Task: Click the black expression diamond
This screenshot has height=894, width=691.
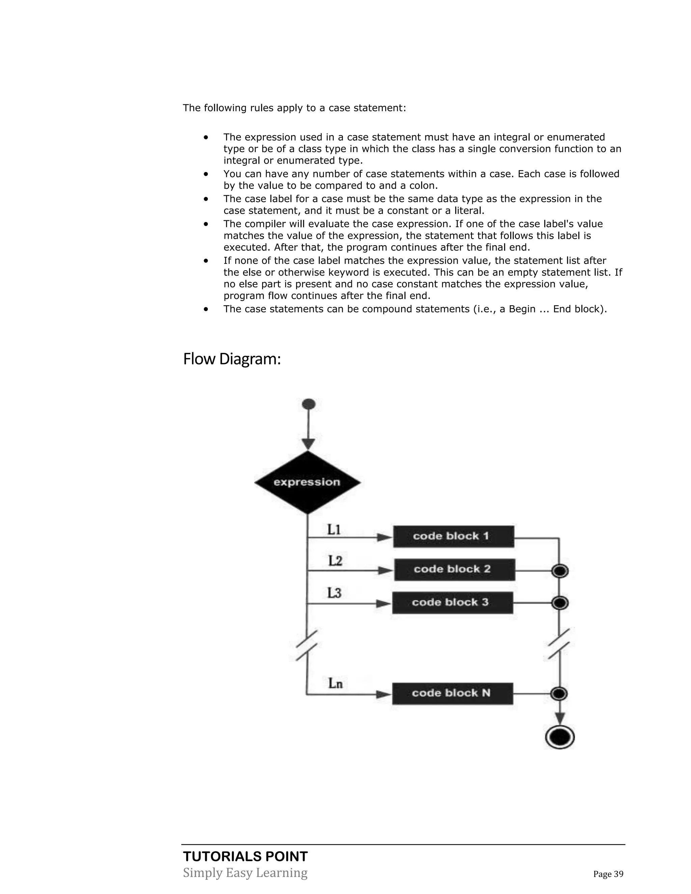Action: click(307, 482)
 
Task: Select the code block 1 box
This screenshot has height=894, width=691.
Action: click(453, 536)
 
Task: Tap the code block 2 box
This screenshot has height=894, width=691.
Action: click(454, 569)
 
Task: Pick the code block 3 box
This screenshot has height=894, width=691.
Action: click(452, 603)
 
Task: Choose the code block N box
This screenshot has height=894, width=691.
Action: click(452, 693)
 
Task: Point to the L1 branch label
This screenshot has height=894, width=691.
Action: click(334, 530)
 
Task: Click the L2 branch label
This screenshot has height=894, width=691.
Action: click(335, 560)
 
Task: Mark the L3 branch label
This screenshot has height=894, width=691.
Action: click(334, 593)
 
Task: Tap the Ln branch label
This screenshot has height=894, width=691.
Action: click(335, 683)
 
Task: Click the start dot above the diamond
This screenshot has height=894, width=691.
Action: click(308, 404)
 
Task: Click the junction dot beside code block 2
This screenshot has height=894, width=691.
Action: click(560, 570)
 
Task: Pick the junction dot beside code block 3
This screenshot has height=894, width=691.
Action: click(560, 603)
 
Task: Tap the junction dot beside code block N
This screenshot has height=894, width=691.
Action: click(559, 693)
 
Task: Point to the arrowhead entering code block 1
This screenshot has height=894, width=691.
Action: click(384, 537)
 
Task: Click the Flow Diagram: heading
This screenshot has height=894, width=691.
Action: click(232, 359)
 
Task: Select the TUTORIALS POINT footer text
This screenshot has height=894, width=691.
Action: click(245, 856)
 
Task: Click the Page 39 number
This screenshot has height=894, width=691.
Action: click(608, 874)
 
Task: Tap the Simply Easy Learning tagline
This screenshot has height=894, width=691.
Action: click(245, 872)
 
